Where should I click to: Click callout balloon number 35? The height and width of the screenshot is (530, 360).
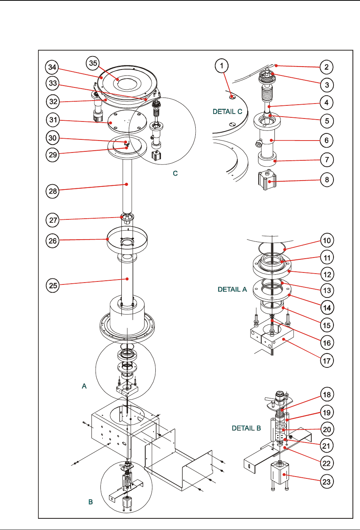pyautogui.click(x=93, y=63)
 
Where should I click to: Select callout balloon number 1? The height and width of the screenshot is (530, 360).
pyautogui.click(x=222, y=66)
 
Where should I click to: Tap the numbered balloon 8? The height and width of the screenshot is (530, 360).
pyautogui.click(x=327, y=179)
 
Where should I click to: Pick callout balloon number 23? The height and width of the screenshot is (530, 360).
pyautogui.click(x=327, y=482)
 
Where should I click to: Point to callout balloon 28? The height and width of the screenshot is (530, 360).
pyautogui.click(x=53, y=191)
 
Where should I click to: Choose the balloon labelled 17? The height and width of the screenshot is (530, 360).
pyautogui.click(x=327, y=361)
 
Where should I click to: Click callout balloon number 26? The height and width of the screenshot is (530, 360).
pyautogui.click(x=53, y=241)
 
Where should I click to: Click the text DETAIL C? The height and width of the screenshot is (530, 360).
pyautogui.click(x=227, y=111)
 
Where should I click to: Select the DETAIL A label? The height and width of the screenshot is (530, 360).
pyautogui.click(x=232, y=289)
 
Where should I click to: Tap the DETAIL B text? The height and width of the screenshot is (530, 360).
pyautogui.click(x=246, y=428)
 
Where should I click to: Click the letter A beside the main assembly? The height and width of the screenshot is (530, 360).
pyautogui.click(x=84, y=386)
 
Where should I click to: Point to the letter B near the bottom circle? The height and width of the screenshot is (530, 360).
pyautogui.click(x=90, y=502)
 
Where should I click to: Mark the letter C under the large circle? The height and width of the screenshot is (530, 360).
pyautogui.click(x=175, y=173)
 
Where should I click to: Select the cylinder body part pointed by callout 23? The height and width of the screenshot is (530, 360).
pyautogui.click(x=280, y=473)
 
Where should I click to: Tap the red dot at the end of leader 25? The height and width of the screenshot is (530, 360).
pyautogui.click(x=127, y=279)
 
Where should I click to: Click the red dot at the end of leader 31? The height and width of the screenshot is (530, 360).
pyautogui.click(x=111, y=123)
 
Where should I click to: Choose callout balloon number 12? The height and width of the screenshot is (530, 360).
pyautogui.click(x=327, y=274)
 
